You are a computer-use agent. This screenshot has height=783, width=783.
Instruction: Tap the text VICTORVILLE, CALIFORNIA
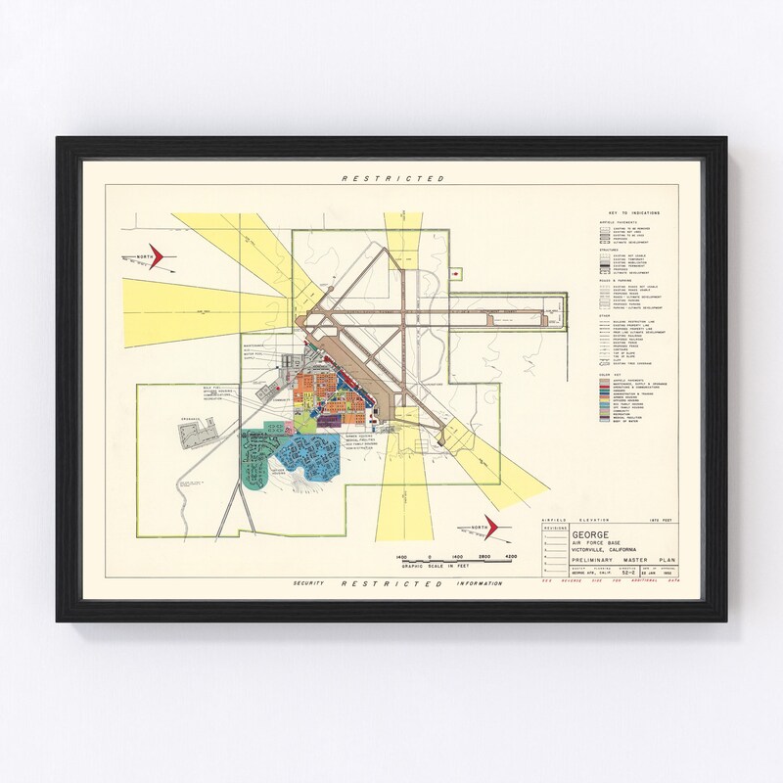[600, 550]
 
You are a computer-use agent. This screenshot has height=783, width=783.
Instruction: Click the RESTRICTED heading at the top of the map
[392, 179]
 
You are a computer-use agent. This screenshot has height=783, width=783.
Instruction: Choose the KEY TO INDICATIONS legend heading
[633, 212]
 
